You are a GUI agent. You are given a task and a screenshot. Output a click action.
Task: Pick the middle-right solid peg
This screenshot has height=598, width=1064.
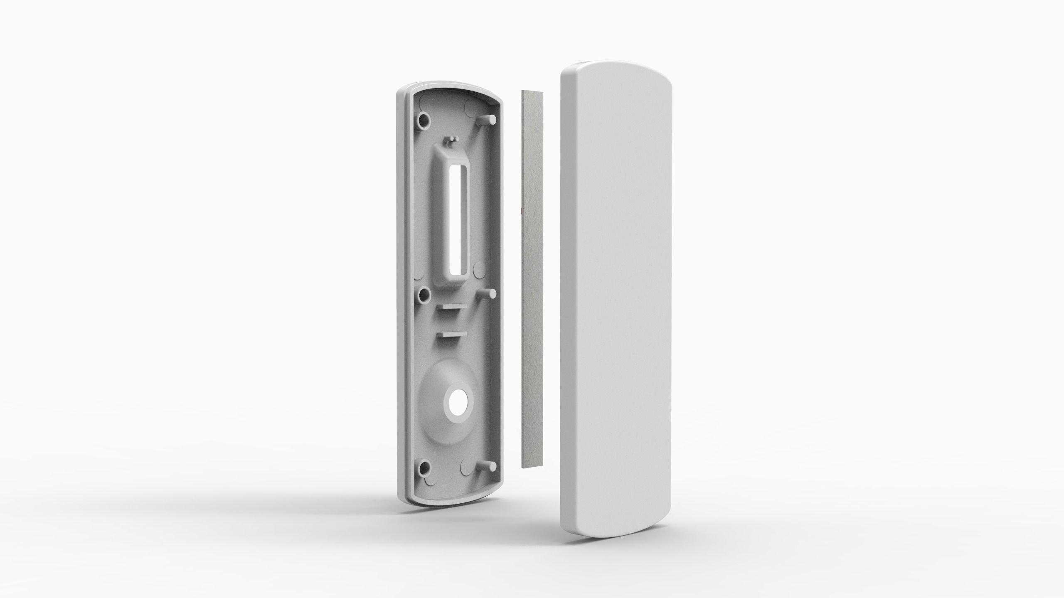488,293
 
